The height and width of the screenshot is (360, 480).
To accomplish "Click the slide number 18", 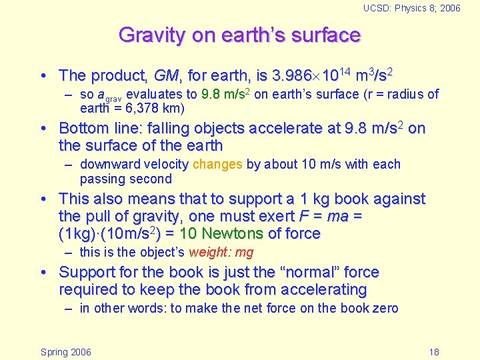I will pyautogui.click(x=434, y=352).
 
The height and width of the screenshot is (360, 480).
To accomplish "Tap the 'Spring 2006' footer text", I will pyautogui.click(x=66, y=352).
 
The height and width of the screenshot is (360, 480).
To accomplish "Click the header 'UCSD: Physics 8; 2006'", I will pyautogui.click(x=411, y=8).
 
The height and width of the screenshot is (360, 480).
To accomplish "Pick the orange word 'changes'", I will pyautogui.click(x=217, y=164).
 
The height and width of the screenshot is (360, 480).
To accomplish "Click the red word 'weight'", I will pyautogui.click(x=209, y=252).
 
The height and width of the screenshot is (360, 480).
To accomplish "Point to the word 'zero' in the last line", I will pyautogui.click(x=385, y=308).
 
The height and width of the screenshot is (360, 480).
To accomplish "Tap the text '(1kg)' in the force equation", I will pyautogui.click(x=75, y=233).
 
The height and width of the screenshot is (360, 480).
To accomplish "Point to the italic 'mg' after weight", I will pyautogui.click(x=244, y=252).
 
